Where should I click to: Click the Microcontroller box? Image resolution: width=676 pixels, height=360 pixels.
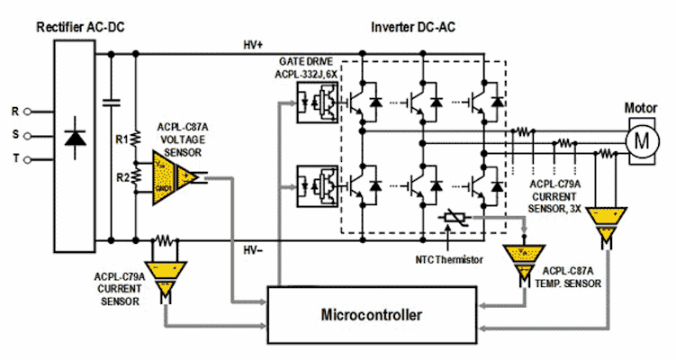click(371, 316)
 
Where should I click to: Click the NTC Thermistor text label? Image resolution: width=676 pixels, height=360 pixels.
click(448, 259)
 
